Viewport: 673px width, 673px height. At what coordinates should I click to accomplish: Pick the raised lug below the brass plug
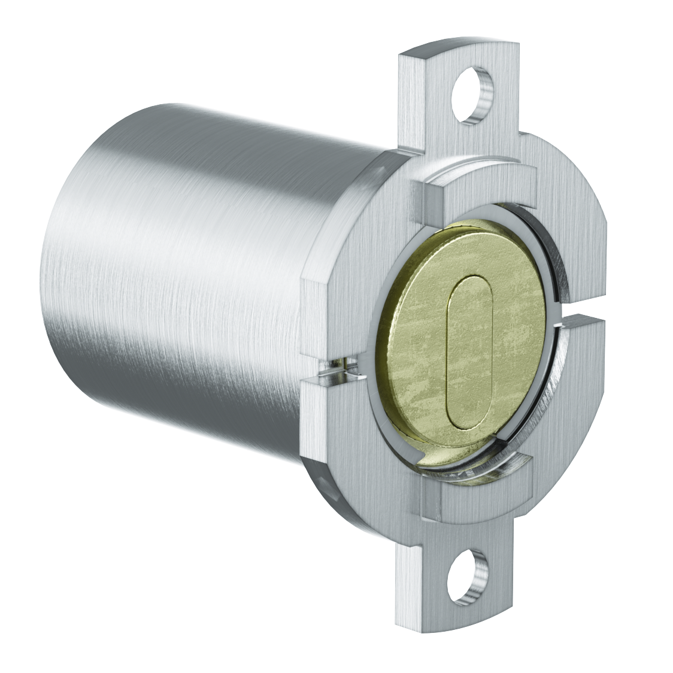tap(479, 491)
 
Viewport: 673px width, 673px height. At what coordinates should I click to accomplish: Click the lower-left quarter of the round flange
tap(353, 431)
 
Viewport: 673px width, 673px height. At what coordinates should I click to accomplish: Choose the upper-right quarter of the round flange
tap(575, 240)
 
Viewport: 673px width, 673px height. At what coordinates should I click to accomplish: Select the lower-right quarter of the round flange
tap(575, 395)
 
